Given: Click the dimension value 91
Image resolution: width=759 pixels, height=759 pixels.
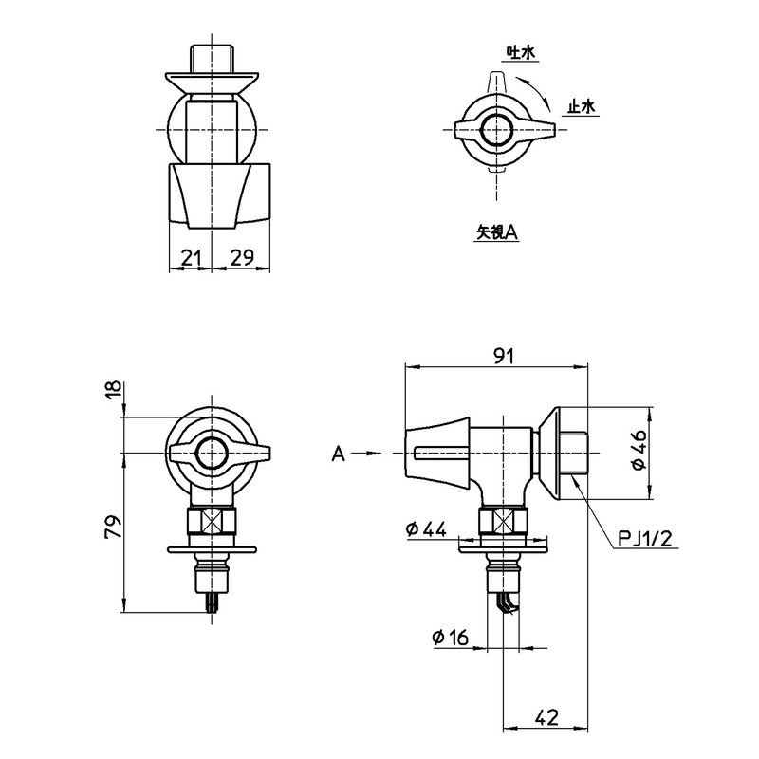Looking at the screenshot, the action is pyautogui.click(x=504, y=357).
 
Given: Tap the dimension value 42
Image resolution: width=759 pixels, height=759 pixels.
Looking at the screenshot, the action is pyautogui.click(x=547, y=717).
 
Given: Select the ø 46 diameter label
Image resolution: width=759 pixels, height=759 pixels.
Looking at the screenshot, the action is pyautogui.click(x=639, y=450).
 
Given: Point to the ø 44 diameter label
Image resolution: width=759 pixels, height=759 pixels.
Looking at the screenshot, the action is pyautogui.click(x=426, y=529).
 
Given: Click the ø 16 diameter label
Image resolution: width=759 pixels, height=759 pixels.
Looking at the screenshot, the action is pyautogui.click(x=451, y=638).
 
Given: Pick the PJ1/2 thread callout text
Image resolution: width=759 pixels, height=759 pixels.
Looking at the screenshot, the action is pyautogui.click(x=646, y=538).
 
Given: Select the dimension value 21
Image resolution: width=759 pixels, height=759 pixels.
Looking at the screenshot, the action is pyautogui.click(x=191, y=257).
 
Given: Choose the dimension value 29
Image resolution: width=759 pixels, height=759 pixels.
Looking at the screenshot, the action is pyautogui.click(x=242, y=257).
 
